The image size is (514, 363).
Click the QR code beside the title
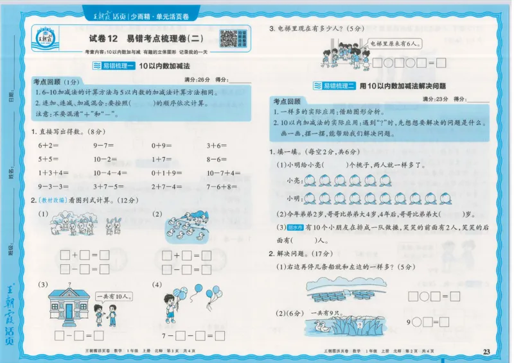(229, 39)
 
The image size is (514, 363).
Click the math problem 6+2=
(49, 146)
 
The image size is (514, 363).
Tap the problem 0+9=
(162, 146)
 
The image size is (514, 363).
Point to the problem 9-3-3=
(53, 187)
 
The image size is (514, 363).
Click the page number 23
(486, 351)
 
